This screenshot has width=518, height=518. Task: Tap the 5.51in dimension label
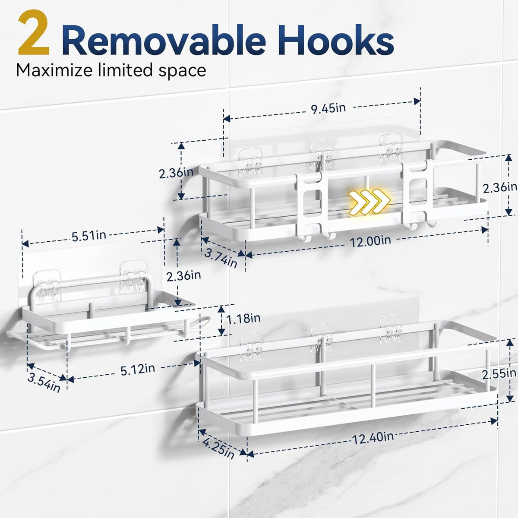click(89, 236)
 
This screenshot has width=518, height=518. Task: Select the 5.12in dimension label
click(138, 370)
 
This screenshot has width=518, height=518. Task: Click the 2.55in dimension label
click(499, 374)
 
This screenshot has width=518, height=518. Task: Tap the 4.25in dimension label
click(218, 449)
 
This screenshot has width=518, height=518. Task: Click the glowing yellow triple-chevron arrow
click(370, 202)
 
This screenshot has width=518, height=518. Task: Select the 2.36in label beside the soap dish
click(183, 276)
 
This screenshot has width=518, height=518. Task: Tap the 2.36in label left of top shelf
click(177, 173)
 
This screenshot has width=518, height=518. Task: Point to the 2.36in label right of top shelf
click(500, 188)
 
